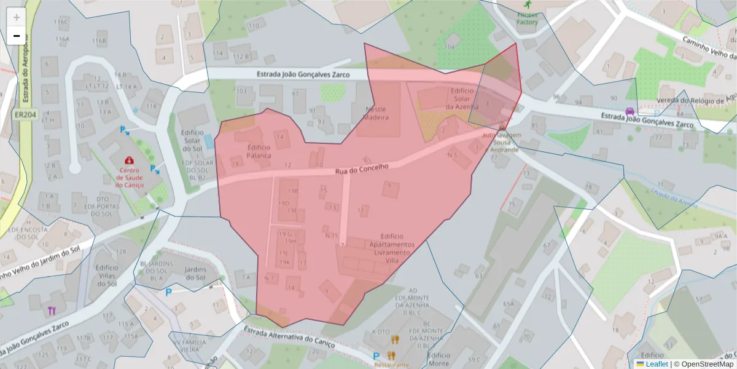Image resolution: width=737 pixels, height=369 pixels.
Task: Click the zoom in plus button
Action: [16, 17]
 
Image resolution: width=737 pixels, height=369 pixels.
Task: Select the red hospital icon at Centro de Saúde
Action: [129, 161]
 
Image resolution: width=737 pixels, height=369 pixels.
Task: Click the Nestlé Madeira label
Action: [377, 113]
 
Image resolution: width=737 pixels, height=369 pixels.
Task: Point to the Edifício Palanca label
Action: [259, 151]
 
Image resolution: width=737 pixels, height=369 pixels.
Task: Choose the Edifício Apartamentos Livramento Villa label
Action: [391, 248]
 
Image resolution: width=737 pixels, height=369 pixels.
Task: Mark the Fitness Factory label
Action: [527, 18]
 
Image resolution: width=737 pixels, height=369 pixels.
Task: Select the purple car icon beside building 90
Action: [630, 111]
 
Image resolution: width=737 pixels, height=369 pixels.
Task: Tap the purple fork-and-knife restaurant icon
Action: [52, 311]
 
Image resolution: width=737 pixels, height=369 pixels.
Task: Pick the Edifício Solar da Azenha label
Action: [461, 98]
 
